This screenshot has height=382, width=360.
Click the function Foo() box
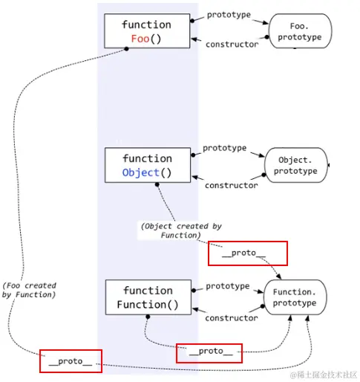pyautogui.click(x=146, y=31)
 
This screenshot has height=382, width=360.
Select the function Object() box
pyautogui.click(x=146, y=165)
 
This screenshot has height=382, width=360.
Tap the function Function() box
pyautogui.click(x=146, y=297)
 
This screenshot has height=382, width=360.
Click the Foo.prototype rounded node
pyautogui.click(x=299, y=31)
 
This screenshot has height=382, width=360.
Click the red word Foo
pyautogui.click(x=140, y=39)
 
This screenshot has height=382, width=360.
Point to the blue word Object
pyautogui.click(x=141, y=172)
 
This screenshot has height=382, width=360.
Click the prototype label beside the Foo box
pyautogui.click(x=229, y=15)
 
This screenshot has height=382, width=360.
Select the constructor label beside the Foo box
pyautogui.click(x=232, y=45)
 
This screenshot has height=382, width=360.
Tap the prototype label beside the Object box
pyautogui.click(x=224, y=148)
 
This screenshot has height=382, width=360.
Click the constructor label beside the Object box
pyautogui.click(x=231, y=185)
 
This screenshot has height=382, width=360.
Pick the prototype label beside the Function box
pyautogui.click(x=227, y=286)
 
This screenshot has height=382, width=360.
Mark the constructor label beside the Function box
pyautogui.click(x=231, y=318)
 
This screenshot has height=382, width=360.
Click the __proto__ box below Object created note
pyautogui.click(x=248, y=253)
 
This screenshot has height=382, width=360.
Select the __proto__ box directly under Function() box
pyautogui.click(x=209, y=352)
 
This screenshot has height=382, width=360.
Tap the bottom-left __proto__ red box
pyautogui.click(x=71, y=361)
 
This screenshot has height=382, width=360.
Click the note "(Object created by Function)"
pyautogui.click(x=180, y=230)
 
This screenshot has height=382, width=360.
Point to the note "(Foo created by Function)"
pyautogui.click(x=29, y=291)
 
